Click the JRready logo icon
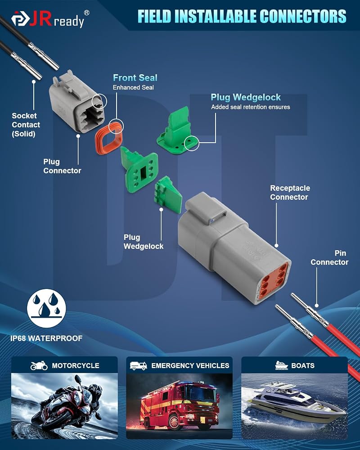(20, 18)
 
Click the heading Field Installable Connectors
(242, 16)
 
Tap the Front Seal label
(135, 77)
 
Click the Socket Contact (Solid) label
(26, 125)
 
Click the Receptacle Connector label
(290, 193)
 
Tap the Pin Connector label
(329, 257)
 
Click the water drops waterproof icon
(46, 308)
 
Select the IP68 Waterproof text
(46, 338)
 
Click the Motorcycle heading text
(76, 365)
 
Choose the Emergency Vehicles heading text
(190, 365)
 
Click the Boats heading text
(302, 365)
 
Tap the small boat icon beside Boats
(281, 365)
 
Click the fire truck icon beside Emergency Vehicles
(138, 365)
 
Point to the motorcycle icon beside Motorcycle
(39, 365)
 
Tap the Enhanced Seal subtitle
(133, 88)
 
